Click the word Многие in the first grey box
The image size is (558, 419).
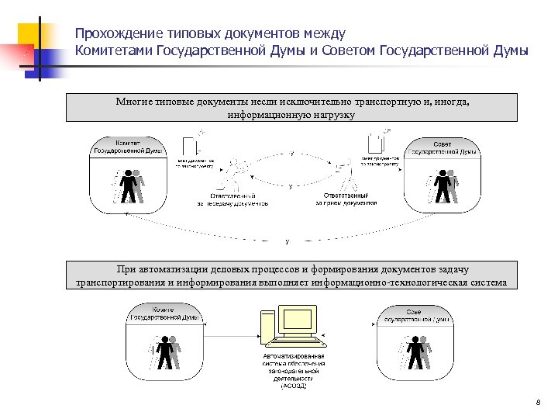click(132, 102)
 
